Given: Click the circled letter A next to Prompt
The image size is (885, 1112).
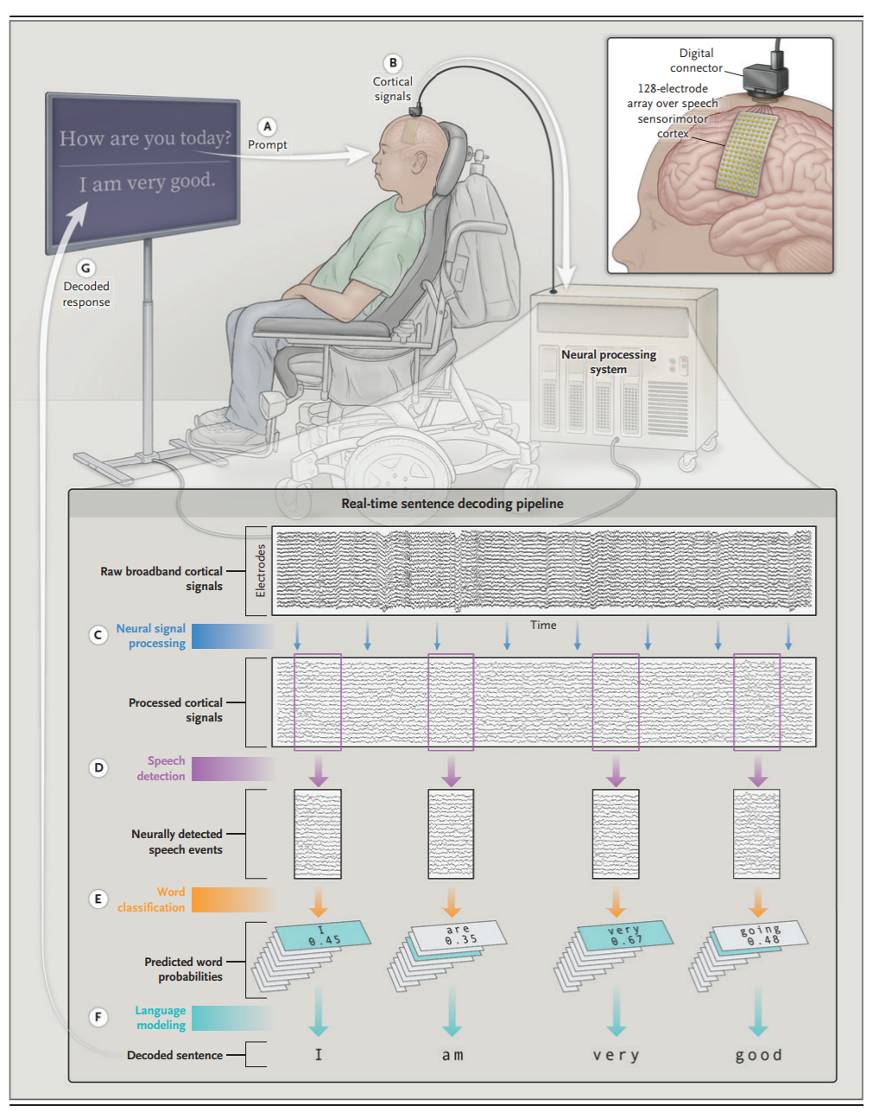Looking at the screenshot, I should click(268, 127).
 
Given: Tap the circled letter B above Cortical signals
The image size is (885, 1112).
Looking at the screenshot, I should click(393, 63).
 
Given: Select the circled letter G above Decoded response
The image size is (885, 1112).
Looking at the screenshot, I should click(85, 268).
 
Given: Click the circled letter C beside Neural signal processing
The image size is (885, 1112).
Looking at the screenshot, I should click(98, 635).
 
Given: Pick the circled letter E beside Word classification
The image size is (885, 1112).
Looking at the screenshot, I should click(98, 899).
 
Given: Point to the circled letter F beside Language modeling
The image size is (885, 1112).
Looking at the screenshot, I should click(98, 1017).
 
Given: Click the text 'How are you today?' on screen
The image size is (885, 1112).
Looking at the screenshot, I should click(145, 138).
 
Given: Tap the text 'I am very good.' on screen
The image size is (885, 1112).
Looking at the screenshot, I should click(148, 183).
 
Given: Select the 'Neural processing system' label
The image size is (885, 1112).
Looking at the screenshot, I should click(609, 362).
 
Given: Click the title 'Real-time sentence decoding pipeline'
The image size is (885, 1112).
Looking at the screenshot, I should click(452, 504).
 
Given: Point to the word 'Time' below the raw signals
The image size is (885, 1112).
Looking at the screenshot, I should click(543, 625).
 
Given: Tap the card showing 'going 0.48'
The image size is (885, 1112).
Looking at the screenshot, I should click(761, 935).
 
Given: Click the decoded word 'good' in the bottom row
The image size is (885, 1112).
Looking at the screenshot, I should click(758, 1055).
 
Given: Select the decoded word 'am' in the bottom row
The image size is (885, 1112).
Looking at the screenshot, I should click(452, 1055).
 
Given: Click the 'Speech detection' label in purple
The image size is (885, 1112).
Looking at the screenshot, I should click(161, 768).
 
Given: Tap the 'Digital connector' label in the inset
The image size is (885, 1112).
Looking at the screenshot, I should click(696, 60).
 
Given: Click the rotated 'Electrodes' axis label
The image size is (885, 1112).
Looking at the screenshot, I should click(261, 570).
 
